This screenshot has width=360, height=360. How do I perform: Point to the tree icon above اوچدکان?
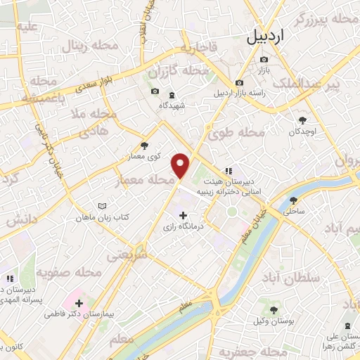[x=302, y=121]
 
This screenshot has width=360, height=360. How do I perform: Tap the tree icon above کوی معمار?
[x=144, y=146]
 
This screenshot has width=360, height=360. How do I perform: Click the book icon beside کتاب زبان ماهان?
[x=103, y=206]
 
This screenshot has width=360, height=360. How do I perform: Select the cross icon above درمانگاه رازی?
[x=184, y=215]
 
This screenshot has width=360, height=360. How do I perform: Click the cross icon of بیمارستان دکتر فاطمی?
[x=79, y=304]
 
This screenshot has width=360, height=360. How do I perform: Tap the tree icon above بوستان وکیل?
[x=274, y=310]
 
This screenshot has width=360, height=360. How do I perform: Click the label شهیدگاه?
[x=172, y=105]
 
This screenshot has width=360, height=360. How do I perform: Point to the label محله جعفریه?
[x=245, y=351]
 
